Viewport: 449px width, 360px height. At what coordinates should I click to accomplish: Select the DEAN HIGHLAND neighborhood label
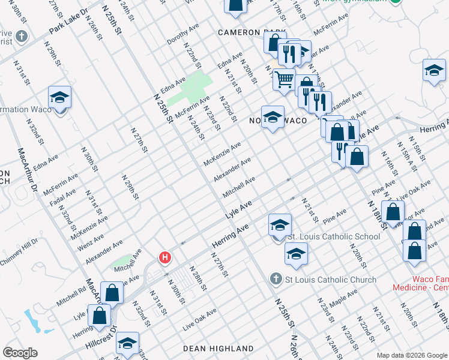tap(218, 349)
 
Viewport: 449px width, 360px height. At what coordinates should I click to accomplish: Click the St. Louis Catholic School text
tap(334, 236)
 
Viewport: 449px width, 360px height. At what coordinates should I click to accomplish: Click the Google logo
tap(20, 352)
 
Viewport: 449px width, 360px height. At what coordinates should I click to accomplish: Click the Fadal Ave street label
tap(63, 197)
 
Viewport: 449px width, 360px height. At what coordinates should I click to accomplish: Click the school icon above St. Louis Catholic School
tap(280, 224)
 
